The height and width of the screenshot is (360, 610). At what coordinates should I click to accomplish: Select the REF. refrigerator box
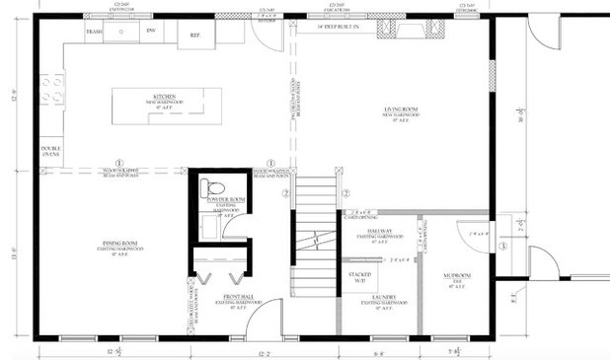tap(194, 35)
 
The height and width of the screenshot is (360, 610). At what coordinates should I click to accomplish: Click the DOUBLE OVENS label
tap(51, 153)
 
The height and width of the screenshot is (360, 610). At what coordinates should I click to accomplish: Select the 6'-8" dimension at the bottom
tap(378, 352)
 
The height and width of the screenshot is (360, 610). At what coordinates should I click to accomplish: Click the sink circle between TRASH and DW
tap(121, 32)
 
